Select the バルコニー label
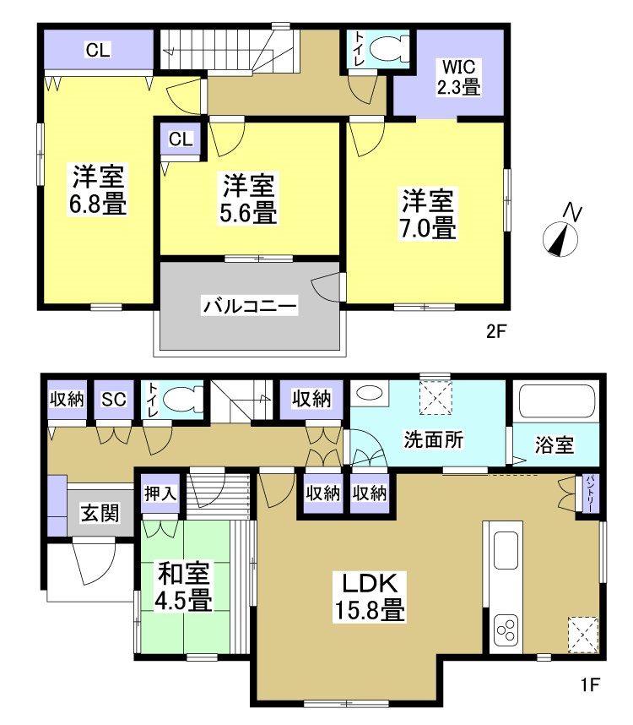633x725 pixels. click(x=249, y=306)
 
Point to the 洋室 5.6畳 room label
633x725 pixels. click(x=249, y=199)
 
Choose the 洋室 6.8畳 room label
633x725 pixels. click(x=98, y=190)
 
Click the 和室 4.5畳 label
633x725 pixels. click(x=185, y=587)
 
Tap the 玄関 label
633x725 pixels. click(x=100, y=512)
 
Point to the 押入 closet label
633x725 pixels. click(x=160, y=493)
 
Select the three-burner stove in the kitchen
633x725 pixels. click(x=508, y=630)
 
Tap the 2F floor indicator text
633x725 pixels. click(x=495, y=332)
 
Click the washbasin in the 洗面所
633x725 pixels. click(x=368, y=394)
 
